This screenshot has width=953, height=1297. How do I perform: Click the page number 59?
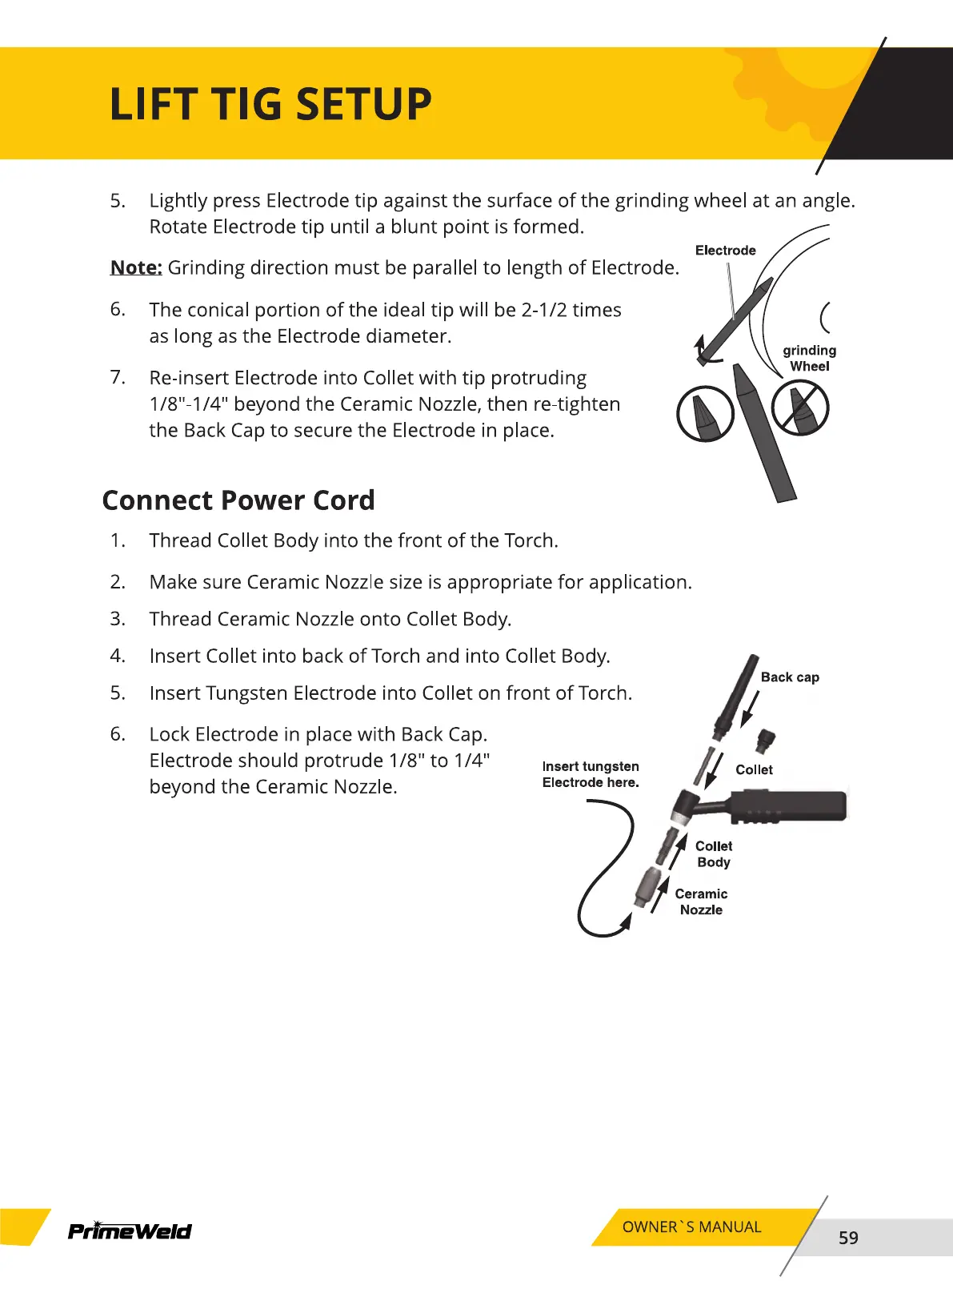848,1238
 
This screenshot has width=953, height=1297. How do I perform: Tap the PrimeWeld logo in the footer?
130,1231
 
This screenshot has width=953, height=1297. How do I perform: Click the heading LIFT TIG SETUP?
270,104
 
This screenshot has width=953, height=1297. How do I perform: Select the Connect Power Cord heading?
238,500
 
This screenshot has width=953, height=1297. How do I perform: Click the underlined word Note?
136,267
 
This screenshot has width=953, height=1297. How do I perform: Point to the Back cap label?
790,677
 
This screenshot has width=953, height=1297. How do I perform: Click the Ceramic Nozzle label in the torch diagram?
701,901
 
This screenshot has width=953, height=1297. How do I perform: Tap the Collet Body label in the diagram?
713,854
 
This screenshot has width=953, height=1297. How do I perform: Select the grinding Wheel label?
809,358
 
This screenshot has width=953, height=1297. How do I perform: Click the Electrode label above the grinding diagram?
725,251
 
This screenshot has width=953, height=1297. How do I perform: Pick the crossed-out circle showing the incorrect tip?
800,408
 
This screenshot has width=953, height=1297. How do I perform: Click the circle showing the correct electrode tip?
705,413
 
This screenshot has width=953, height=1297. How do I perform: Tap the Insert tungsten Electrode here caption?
591,774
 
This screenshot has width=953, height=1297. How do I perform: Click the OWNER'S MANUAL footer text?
691,1227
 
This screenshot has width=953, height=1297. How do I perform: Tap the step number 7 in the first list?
118,377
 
